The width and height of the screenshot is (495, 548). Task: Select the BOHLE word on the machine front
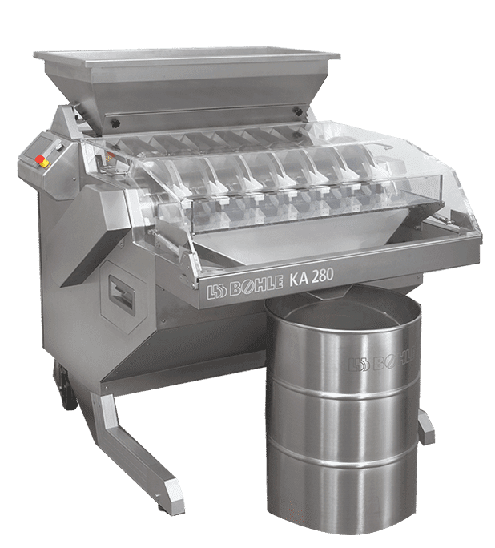(257, 286)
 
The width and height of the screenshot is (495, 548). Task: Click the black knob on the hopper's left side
(115, 123)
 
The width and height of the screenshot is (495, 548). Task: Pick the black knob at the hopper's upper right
(298, 111)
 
